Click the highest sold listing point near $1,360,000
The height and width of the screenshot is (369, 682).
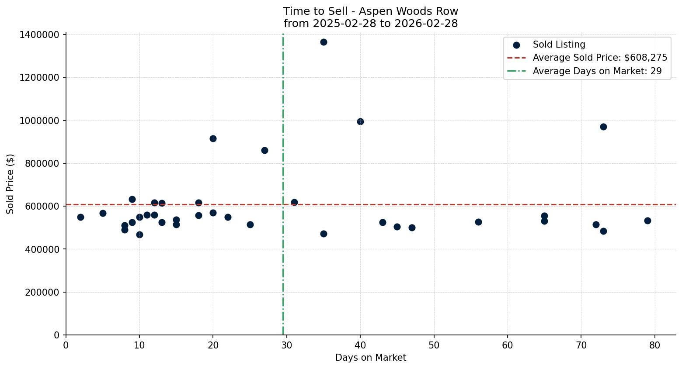pos(324,42)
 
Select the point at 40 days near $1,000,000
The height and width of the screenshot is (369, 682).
pos(360,121)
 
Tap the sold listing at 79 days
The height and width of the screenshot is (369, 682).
pos(647,221)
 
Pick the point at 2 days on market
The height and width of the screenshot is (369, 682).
pos(80,217)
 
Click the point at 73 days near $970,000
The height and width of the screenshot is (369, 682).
pos(603,127)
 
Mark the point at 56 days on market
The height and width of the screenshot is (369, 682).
pos(478,222)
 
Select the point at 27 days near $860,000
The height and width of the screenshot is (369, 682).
pos(264,150)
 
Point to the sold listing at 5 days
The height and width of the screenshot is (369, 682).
pos(103,213)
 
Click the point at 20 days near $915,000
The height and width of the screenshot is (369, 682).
pos(213,138)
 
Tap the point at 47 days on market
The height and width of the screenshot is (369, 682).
pos(412,228)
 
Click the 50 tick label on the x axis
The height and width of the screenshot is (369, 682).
pos(434,345)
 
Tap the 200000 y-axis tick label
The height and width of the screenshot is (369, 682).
pos(42,292)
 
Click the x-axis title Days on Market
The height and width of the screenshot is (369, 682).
pos(370,358)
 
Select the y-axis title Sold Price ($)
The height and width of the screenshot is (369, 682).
pos(10,184)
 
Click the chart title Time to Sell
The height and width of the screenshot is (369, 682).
pos(370,11)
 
